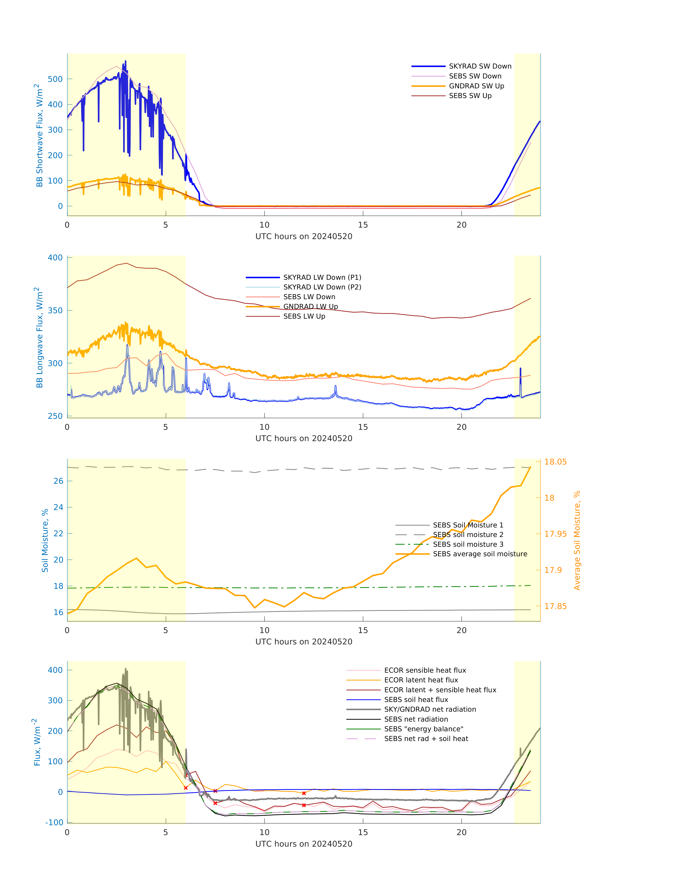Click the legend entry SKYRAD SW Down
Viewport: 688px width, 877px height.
480,66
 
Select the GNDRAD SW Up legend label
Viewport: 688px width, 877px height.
476,86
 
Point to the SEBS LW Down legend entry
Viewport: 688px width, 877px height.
309,297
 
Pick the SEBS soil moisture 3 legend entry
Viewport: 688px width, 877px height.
468,544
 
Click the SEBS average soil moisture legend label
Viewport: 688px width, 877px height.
480,554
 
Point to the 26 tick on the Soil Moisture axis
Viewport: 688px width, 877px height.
58,481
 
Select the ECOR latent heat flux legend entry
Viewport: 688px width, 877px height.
421,680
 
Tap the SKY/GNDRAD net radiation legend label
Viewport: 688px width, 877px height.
430,709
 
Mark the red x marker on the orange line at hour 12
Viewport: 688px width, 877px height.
304,793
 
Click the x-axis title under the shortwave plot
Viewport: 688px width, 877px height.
304,236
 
